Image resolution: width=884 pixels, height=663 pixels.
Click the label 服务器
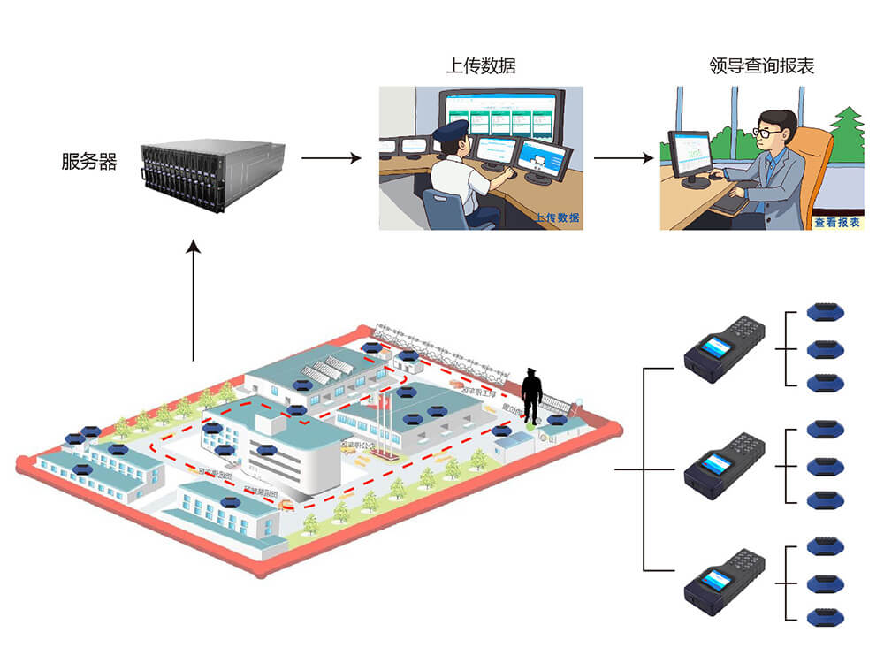(x=89, y=162)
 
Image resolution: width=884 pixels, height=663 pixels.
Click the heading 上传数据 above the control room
(x=481, y=66)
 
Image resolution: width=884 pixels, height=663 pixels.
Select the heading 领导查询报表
(x=761, y=66)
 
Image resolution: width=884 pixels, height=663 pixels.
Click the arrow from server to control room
(x=331, y=159)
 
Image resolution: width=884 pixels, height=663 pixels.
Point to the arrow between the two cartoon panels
(x=624, y=159)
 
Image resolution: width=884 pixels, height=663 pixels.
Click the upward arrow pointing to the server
(x=194, y=301)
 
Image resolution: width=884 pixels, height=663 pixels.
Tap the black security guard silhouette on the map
(x=531, y=395)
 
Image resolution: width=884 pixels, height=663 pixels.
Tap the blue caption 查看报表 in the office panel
(x=836, y=223)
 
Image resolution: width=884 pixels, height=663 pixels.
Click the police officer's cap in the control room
(x=450, y=133)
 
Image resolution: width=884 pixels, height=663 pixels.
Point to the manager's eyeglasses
(x=767, y=132)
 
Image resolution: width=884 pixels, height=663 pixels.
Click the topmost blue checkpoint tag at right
(x=827, y=311)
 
